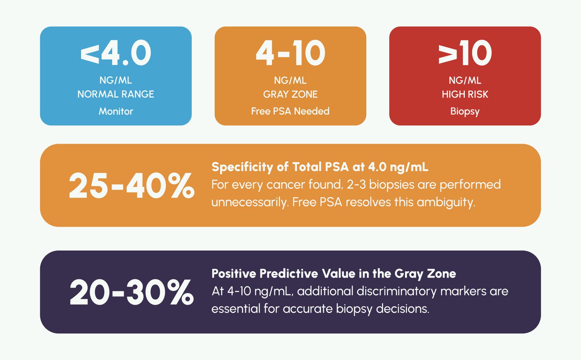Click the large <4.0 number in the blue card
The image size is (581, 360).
click(x=116, y=53)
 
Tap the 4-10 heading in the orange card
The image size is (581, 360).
click(x=290, y=53)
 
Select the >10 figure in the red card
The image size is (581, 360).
click(x=465, y=53)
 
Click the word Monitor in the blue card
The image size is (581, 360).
click(x=116, y=111)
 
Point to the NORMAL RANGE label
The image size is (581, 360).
click(x=116, y=94)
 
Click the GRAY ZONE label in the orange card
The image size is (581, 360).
click(x=290, y=94)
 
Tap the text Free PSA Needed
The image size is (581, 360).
click(x=290, y=111)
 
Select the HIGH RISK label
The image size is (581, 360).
click(x=465, y=94)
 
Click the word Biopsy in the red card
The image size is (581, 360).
click(x=465, y=111)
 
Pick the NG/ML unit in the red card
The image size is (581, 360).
click(x=465, y=80)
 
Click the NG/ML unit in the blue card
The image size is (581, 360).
click(x=116, y=80)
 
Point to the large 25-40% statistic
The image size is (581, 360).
click(x=131, y=186)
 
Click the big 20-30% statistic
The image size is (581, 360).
click(x=131, y=292)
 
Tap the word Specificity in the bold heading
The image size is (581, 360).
click(x=242, y=167)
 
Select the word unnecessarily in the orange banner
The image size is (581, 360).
click(x=249, y=202)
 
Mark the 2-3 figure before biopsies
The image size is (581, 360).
click(x=356, y=185)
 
